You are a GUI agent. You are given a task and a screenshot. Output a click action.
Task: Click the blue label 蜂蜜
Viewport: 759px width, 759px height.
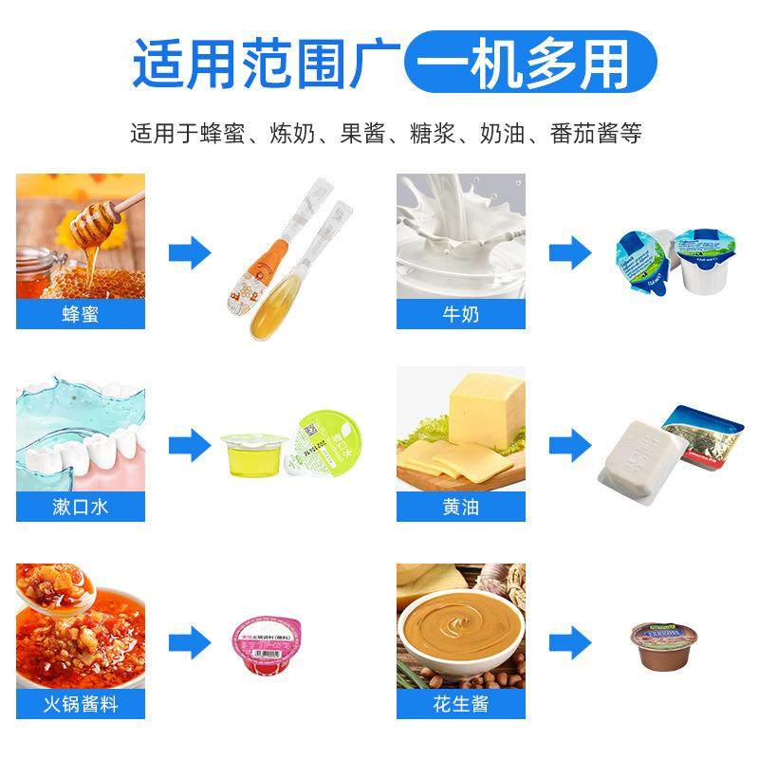(80, 314)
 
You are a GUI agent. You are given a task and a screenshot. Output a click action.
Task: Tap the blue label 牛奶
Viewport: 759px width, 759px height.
(460, 314)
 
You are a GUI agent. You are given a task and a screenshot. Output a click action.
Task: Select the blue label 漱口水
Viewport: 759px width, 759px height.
(80, 506)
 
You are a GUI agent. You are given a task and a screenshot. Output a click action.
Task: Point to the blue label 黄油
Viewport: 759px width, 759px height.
(460, 506)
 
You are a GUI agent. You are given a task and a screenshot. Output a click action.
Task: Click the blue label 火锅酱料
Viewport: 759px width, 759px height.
(80, 703)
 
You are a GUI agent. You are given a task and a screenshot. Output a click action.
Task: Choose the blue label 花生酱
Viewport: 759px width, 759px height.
(460, 703)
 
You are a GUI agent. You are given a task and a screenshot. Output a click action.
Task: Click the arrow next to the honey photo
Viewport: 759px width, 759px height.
(189, 252)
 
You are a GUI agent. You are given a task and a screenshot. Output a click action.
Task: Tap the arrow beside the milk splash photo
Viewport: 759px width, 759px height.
(569, 252)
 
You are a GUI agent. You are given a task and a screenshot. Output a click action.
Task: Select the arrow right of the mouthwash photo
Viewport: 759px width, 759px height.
(189, 444)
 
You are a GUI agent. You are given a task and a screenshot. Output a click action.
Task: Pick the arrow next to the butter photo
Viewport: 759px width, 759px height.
(569, 444)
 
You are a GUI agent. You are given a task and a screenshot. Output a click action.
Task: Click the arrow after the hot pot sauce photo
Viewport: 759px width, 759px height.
(189, 640)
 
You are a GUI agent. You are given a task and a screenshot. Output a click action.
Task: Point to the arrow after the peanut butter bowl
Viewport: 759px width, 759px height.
(569, 640)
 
